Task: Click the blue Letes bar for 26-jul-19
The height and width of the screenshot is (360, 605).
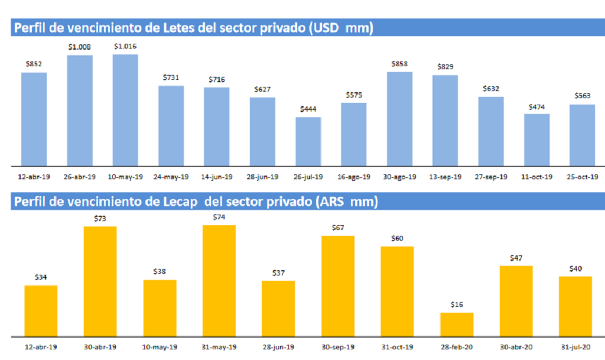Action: pos(308,141)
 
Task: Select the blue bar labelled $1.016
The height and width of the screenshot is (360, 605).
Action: pos(125,110)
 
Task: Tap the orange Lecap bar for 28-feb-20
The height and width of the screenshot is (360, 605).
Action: pos(457,325)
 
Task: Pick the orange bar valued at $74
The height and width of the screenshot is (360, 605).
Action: pos(219,281)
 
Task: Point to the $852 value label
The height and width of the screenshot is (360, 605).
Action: pos(34,64)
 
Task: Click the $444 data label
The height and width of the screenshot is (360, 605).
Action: pos(308,109)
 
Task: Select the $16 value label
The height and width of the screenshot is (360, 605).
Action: pos(456,304)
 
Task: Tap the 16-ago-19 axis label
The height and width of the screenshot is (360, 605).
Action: pos(354,177)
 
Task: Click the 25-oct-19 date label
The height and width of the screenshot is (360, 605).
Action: pos(582,177)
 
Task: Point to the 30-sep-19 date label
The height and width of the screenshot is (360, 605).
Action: pos(337,348)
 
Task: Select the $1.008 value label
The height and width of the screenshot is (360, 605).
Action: pos(80,46)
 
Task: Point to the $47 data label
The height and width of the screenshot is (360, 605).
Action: pos(516,258)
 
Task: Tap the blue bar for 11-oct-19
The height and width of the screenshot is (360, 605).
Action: pos(536,140)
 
